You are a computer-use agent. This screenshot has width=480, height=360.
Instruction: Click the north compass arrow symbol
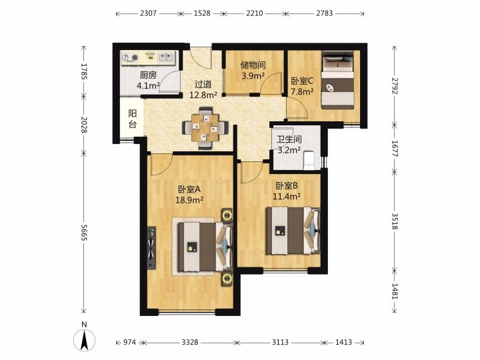[x=84, y=340]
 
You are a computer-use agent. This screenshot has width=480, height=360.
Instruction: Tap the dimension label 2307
[x=149, y=13]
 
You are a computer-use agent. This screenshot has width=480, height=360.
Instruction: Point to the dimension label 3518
[x=395, y=221]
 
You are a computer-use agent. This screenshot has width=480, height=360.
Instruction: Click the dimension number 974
[x=129, y=342]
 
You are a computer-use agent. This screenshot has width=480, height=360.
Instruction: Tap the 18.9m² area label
[x=189, y=200]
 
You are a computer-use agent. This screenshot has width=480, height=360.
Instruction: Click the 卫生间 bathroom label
[x=289, y=140]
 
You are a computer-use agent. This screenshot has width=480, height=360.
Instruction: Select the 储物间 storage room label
[x=253, y=65]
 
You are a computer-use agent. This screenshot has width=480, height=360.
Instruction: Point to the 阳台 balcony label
[x=132, y=119]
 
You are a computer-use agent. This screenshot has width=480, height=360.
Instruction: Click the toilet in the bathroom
[x=309, y=160]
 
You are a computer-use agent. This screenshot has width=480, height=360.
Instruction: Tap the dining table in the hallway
[x=205, y=127]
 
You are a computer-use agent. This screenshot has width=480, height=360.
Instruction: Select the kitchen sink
[x=166, y=57]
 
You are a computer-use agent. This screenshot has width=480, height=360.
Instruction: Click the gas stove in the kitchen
[x=130, y=58]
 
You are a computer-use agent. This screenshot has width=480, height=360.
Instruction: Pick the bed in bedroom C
[x=338, y=79]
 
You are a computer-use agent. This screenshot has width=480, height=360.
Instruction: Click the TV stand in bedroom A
[x=151, y=248]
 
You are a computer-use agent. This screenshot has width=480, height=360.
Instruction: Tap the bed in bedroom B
[x=293, y=231]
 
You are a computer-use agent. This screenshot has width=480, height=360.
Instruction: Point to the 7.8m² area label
[x=302, y=91]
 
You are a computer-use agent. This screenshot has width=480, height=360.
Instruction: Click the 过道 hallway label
[x=203, y=84]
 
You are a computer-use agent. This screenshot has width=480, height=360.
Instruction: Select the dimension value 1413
[x=343, y=342]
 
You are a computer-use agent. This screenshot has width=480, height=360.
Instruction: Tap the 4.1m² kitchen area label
[x=148, y=85]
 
